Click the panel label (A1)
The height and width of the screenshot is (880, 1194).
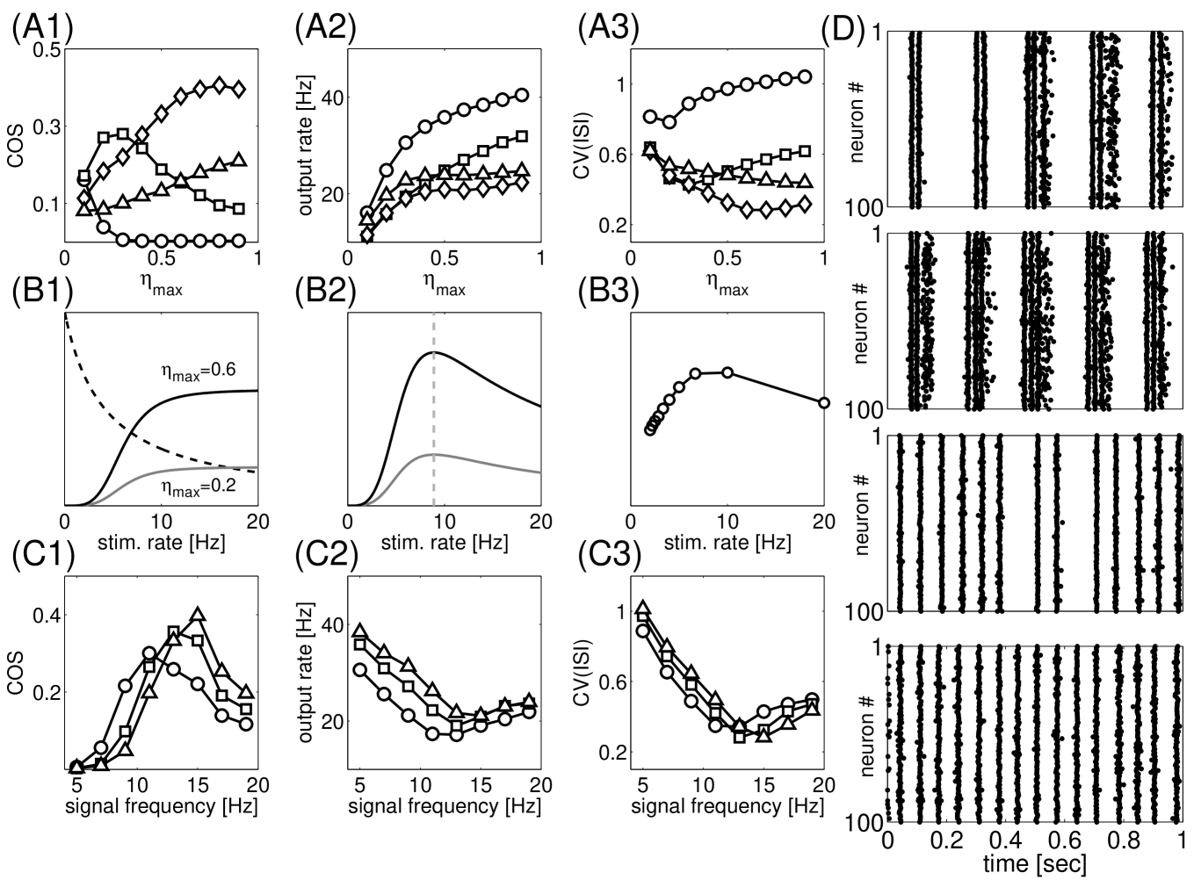point(40,29)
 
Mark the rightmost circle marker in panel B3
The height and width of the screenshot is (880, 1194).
point(823,402)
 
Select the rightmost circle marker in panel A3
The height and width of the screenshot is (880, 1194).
point(804,77)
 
